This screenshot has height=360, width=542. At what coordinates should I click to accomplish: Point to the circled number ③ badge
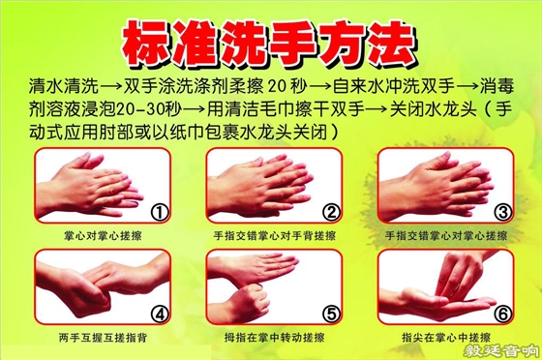(500, 209)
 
